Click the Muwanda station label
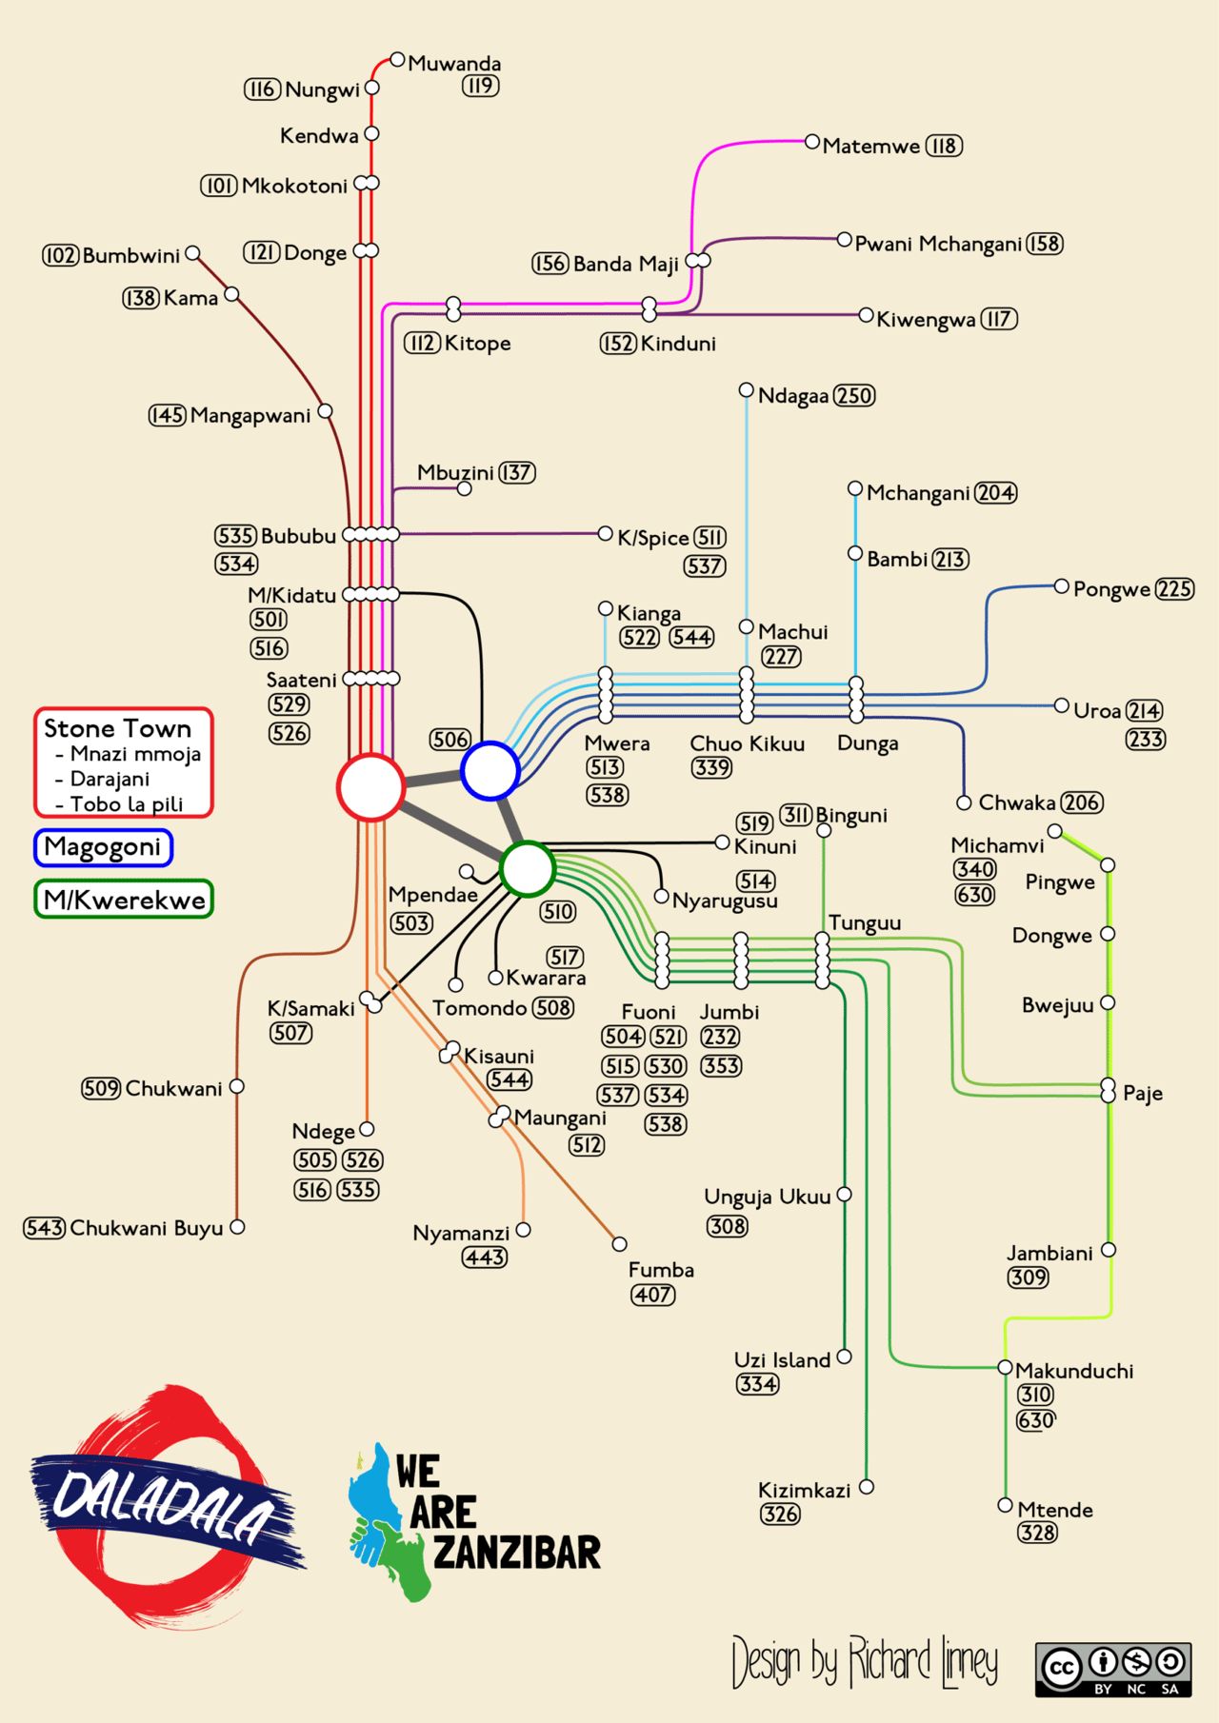click(x=454, y=64)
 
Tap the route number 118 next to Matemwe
click(x=944, y=146)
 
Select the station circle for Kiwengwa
click(x=866, y=315)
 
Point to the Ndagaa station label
click(x=792, y=396)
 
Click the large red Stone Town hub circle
click(x=370, y=787)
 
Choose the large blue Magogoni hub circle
click(x=490, y=770)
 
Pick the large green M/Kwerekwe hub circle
click(x=527, y=868)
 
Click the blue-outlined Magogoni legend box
click(x=103, y=847)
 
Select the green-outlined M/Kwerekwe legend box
click(x=124, y=900)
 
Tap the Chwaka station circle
click(x=964, y=802)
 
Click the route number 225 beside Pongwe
click(x=1174, y=589)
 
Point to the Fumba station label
click(x=661, y=1270)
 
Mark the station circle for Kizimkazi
click(x=867, y=1486)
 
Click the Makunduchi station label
click(x=1074, y=1371)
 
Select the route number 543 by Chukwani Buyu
click(x=44, y=1228)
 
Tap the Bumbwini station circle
click(x=193, y=253)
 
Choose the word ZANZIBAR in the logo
click(x=516, y=1553)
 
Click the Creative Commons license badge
click(x=1112, y=1669)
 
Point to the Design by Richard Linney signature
click(x=864, y=1662)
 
